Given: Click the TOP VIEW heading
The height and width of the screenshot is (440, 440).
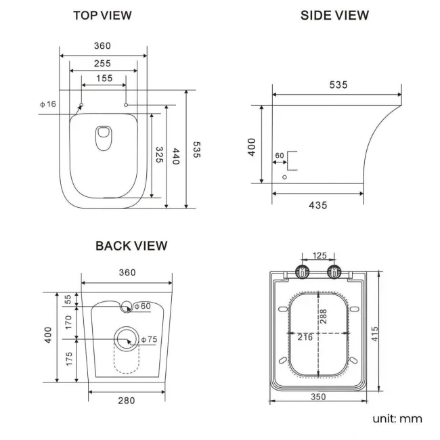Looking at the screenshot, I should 102,15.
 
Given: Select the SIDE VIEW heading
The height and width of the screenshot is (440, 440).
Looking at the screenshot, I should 335,15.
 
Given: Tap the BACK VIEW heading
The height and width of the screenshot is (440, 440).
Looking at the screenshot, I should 131,246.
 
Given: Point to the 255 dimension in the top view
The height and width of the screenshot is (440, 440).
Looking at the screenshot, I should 103,63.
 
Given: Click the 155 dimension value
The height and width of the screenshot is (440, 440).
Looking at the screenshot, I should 103,79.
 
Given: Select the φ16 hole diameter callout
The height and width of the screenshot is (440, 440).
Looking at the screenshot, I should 47,104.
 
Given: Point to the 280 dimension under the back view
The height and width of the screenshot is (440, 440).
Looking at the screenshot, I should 126,401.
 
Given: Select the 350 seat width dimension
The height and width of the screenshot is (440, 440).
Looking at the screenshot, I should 319,397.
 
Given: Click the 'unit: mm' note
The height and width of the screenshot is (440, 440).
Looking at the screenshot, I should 397,418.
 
